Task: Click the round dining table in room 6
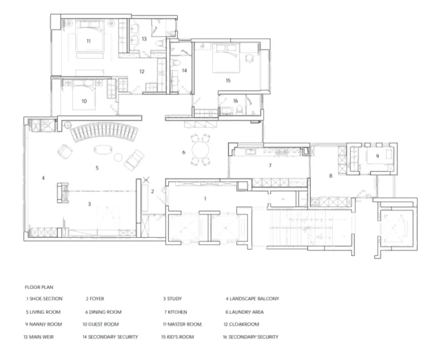(201, 150)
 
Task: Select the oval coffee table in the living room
(103, 149)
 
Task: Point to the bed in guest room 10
(84, 95)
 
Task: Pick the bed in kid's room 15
(226, 58)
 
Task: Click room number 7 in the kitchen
(270, 166)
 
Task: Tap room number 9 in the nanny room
(378, 156)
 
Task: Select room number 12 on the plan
(142, 72)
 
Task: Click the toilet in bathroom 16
(240, 109)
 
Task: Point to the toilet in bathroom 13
(159, 43)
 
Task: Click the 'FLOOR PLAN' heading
(39, 288)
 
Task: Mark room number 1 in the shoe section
(205, 199)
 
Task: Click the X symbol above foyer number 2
(146, 179)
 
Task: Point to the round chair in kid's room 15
(249, 58)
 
